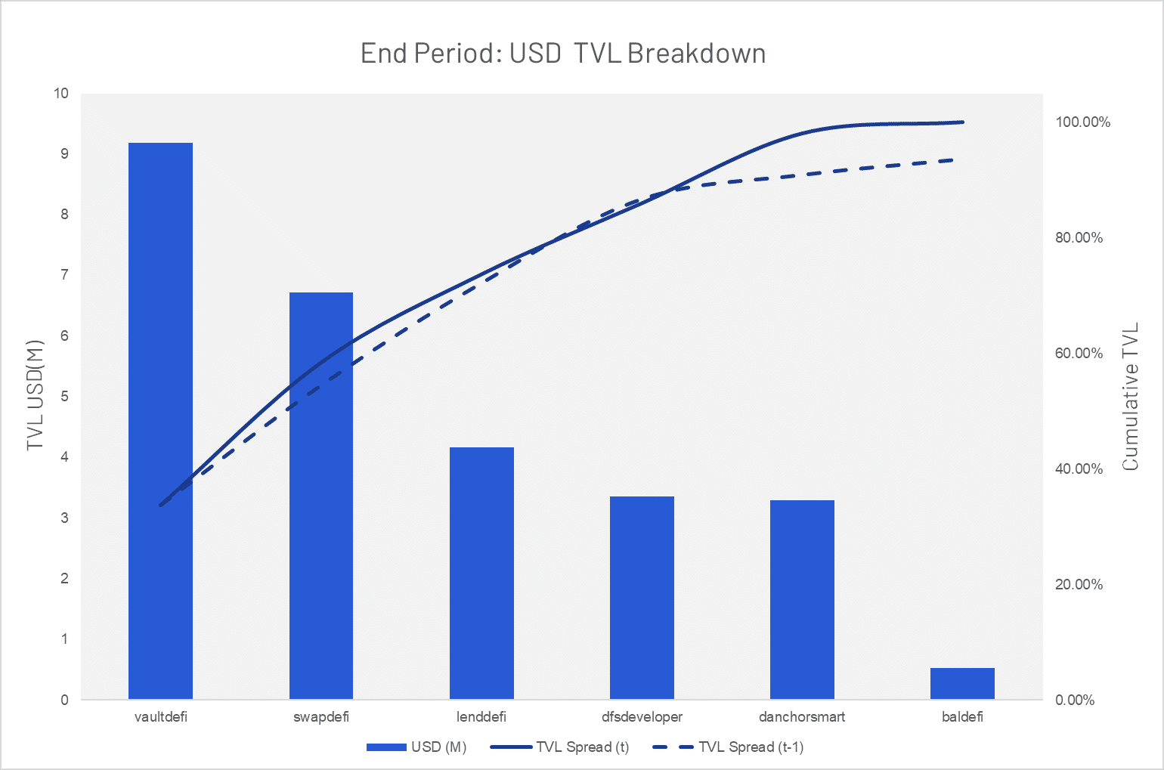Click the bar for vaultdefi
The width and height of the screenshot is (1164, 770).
(160, 421)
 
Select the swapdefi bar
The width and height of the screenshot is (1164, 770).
(321, 496)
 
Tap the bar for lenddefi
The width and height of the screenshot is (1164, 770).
(481, 573)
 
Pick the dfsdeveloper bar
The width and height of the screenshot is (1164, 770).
(642, 598)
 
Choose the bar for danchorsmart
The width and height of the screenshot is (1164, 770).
(803, 599)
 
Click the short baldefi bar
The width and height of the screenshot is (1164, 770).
(962, 683)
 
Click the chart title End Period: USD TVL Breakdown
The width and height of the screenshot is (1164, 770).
(563, 53)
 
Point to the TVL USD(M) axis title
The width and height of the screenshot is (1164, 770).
(35, 395)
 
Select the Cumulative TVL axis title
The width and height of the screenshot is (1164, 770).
(1130, 397)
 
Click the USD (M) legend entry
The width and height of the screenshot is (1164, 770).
(416, 747)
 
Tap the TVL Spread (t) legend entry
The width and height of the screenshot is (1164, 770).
(559, 747)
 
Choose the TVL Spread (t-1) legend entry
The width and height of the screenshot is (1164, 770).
(728, 747)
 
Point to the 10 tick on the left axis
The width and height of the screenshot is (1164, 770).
(60, 94)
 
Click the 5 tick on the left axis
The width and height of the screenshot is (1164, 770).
(64, 397)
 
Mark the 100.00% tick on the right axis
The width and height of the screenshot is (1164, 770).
(1082, 122)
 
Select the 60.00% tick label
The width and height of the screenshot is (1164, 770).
(1079, 354)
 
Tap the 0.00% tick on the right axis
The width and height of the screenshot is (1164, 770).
(1075, 700)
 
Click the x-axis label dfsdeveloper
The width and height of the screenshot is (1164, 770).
(642, 717)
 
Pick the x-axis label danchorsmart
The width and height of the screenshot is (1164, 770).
(803, 717)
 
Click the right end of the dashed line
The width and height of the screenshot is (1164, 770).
(953, 160)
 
